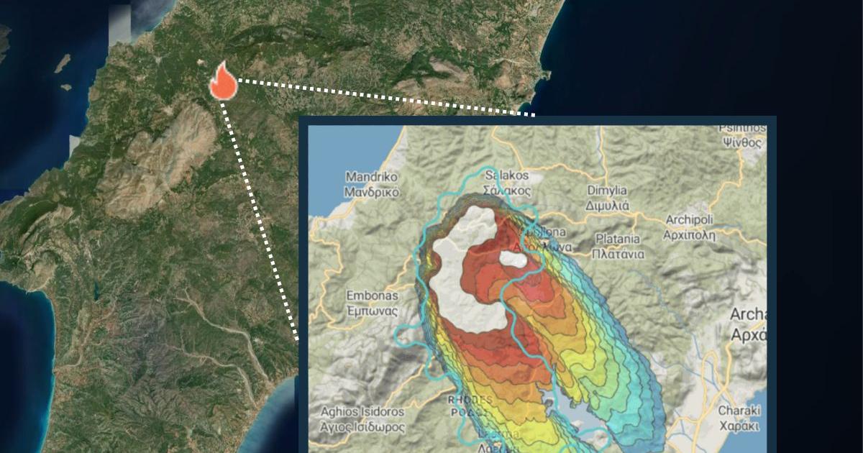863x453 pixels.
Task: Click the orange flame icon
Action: [x=223, y=81]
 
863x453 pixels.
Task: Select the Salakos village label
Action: [x=508, y=183]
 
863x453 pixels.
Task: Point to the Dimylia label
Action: [x=608, y=197]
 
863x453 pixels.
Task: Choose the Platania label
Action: [x=618, y=246]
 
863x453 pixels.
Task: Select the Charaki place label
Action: [x=739, y=417]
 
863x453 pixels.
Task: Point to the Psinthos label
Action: [x=740, y=135]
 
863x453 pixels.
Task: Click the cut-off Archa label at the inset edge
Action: [x=749, y=324]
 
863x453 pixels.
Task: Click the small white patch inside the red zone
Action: [x=513, y=259]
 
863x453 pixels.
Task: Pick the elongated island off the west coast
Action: [x=63, y=63]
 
